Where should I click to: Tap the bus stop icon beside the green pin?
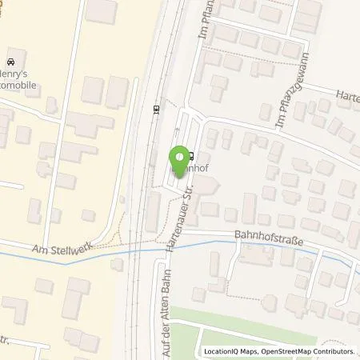(x=190, y=156)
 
